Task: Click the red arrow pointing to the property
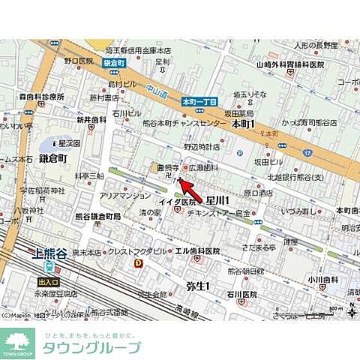(193, 187)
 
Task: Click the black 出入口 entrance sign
(49, 282)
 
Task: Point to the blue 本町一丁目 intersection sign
(198, 101)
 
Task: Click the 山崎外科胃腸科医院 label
(289, 65)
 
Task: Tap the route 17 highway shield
(307, 151)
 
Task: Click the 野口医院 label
(78, 59)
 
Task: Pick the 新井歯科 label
(91, 120)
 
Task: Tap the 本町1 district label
(244, 123)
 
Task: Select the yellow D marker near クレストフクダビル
(138, 263)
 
